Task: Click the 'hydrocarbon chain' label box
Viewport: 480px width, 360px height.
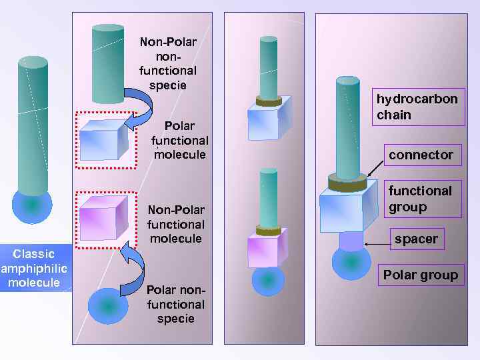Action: tap(418, 107)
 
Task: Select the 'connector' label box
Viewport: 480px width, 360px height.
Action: tap(421, 155)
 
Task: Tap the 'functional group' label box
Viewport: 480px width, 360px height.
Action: tap(420, 199)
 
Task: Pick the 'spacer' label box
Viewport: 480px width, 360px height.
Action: tap(416, 239)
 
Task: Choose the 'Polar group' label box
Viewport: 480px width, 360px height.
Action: tap(421, 275)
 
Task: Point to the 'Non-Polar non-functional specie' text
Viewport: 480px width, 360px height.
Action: tap(168, 64)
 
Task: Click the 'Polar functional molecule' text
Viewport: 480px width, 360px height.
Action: tap(179, 140)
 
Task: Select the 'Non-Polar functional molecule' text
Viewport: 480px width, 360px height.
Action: tap(175, 224)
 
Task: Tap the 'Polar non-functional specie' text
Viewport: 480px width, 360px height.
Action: tap(175, 304)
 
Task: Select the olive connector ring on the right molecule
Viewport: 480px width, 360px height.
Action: tap(347, 181)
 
